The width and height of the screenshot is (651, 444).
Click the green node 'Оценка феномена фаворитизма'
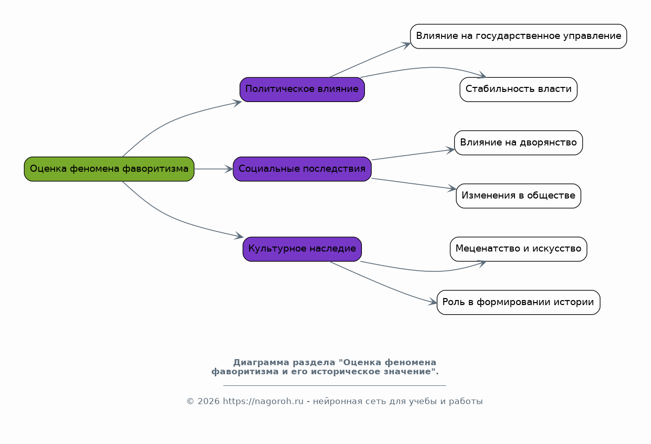[x=109, y=169]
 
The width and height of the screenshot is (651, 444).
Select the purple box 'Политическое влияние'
[x=302, y=89]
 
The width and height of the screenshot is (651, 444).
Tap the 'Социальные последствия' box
[x=302, y=169]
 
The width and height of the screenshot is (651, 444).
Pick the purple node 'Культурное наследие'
[x=302, y=249]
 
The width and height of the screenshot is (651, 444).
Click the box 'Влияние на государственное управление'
[x=518, y=36]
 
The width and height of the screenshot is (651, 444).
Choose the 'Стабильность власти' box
[x=518, y=89]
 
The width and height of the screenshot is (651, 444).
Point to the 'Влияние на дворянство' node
[x=518, y=142]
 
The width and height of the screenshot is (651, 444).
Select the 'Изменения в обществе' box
[x=518, y=196]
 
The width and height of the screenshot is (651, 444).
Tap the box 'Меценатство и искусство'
[x=518, y=249]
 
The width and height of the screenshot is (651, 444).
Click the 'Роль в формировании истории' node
[x=518, y=302]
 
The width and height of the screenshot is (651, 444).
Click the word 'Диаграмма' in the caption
[x=259, y=363]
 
